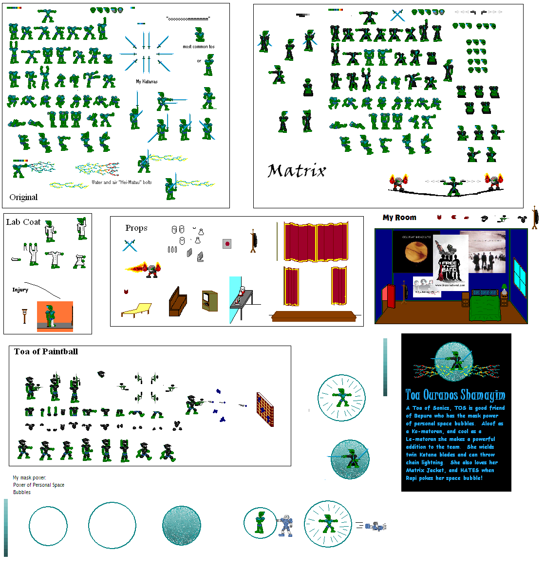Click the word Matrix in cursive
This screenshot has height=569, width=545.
(x=296, y=171)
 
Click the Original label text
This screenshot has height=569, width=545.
(x=23, y=197)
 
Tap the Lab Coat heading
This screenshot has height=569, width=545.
(x=23, y=222)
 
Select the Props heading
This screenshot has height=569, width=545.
(x=136, y=228)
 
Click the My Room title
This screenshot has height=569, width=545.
(x=399, y=218)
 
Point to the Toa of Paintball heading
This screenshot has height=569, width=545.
(x=46, y=351)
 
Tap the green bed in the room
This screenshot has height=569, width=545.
(x=485, y=309)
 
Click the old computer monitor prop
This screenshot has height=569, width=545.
(x=209, y=300)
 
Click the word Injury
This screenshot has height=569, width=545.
(x=20, y=290)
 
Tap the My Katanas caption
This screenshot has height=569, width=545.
(x=147, y=81)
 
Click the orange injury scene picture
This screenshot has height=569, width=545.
(x=55, y=316)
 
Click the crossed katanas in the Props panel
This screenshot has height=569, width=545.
(x=130, y=245)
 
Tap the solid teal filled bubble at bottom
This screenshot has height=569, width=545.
(x=181, y=525)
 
